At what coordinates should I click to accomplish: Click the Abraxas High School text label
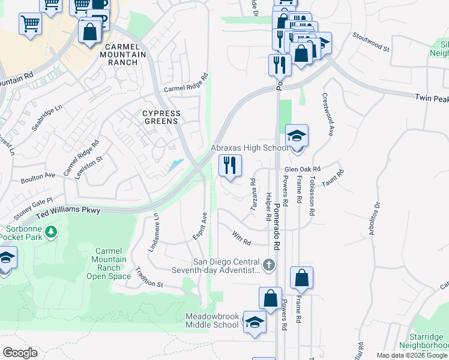click(249, 148)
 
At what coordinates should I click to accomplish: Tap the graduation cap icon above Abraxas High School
click(297, 136)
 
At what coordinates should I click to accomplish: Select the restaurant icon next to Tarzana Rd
click(230, 165)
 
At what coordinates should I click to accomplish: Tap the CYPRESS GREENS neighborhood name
click(161, 117)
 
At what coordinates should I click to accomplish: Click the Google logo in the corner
click(20, 353)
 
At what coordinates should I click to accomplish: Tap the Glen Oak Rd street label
click(303, 169)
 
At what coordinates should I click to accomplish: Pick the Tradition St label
click(149, 277)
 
